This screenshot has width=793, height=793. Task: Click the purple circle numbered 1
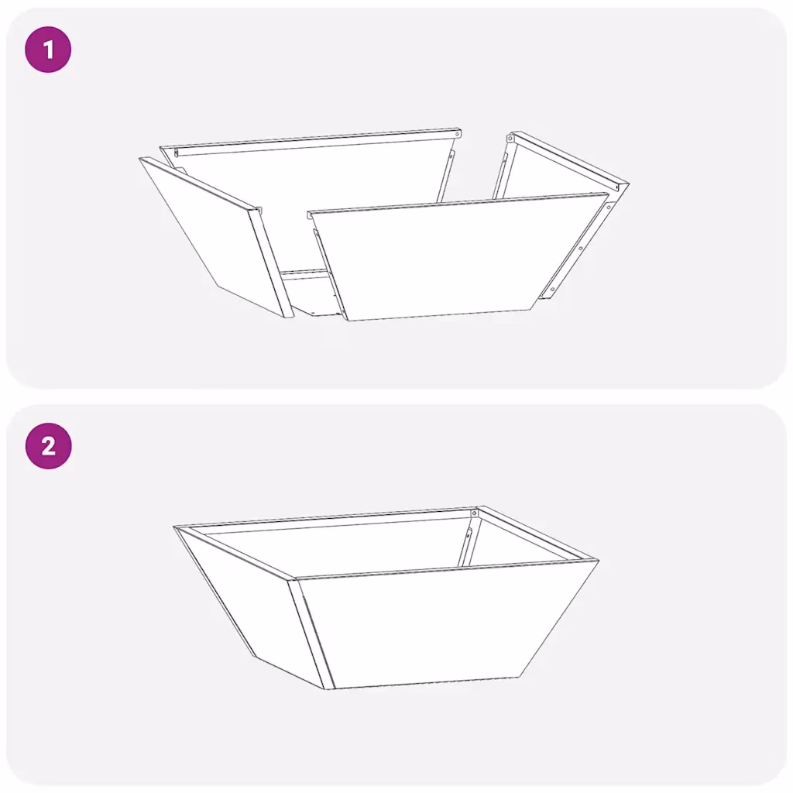(x=48, y=50)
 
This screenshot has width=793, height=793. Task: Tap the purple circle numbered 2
(x=48, y=446)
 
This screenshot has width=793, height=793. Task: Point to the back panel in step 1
(x=308, y=172)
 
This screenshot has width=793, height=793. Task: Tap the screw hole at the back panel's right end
(x=457, y=135)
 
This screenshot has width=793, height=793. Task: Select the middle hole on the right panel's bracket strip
(x=581, y=249)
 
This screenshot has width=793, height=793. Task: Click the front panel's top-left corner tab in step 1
(x=310, y=215)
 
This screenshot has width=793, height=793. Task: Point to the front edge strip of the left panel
(x=272, y=263)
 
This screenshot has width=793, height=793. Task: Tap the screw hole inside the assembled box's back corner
(x=474, y=514)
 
